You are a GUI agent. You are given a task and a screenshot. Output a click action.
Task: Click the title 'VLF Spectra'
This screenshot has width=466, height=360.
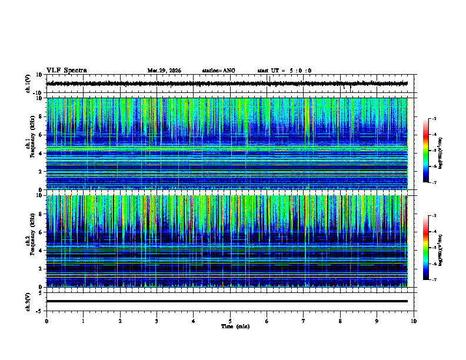click(x=66, y=70)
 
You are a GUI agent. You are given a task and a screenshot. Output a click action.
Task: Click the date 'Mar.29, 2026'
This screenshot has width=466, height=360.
click(x=164, y=71)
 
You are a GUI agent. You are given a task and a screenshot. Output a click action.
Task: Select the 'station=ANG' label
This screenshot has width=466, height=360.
click(x=218, y=71)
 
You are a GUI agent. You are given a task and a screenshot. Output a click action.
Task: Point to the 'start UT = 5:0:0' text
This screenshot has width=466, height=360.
click(x=284, y=71)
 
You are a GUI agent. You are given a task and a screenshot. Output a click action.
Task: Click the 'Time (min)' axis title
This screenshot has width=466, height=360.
click(x=231, y=326)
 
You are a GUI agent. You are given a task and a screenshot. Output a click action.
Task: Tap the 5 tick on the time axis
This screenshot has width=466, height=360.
click(x=230, y=321)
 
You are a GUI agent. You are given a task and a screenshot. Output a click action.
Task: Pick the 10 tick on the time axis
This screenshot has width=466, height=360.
click(x=414, y=321)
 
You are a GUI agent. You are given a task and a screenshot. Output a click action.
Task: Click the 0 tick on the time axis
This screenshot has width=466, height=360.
click(x=46, y=321)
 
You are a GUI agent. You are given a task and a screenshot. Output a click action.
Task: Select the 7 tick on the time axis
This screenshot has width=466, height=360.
click(x=304, y=321)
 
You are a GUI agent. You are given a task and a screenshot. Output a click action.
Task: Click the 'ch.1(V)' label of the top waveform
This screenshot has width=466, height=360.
click(x=29, y=84)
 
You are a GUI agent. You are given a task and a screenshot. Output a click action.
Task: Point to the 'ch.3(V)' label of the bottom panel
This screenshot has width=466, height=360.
click(x=29, y=301)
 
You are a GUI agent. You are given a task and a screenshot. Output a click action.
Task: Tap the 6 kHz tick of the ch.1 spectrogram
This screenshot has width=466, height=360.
click(x=42, y=135)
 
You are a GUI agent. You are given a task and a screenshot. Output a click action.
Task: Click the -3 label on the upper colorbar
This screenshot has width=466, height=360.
click(x=434, y=119)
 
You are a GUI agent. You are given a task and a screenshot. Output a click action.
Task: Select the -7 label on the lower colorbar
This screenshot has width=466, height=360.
click(x=434, y=280)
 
